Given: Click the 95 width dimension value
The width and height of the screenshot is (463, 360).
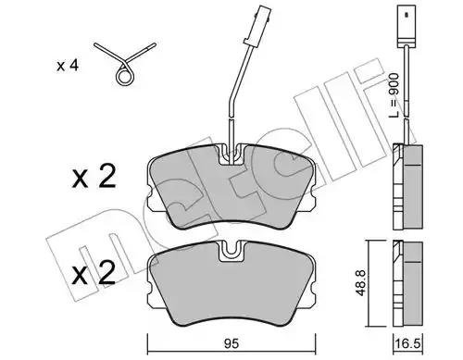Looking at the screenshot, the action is click(231, 343).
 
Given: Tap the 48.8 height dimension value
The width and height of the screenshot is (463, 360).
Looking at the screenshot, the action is click(360, 282).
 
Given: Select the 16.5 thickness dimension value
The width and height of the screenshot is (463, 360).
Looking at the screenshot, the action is click(407, 344).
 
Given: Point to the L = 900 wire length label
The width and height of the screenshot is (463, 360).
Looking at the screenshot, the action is click(394, 95).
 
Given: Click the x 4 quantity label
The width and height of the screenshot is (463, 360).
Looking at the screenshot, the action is click(68, 66).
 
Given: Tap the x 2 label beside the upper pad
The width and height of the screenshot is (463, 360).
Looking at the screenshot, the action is click(94, 177).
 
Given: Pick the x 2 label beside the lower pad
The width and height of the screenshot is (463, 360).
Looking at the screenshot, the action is click(94, 273).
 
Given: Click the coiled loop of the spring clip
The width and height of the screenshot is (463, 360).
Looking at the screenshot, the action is click(124, 76).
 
